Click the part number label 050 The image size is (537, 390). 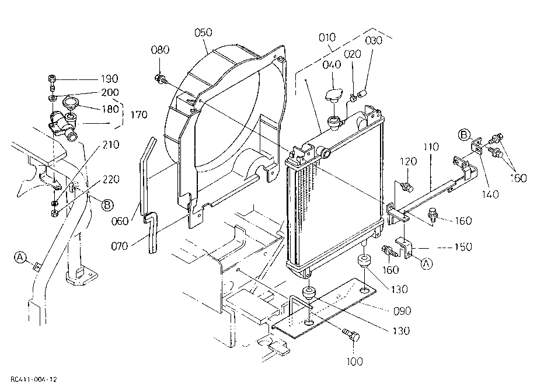tap(203, 33)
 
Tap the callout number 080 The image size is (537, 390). tap(160, 50)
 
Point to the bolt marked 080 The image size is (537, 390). tap(161, 79)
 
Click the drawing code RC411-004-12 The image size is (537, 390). tap(34, 379)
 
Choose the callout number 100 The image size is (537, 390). tap(354, 361)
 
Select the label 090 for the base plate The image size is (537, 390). tap(402, 311)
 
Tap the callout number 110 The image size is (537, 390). tap(431, 147)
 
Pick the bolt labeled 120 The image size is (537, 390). tap(406, 187)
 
